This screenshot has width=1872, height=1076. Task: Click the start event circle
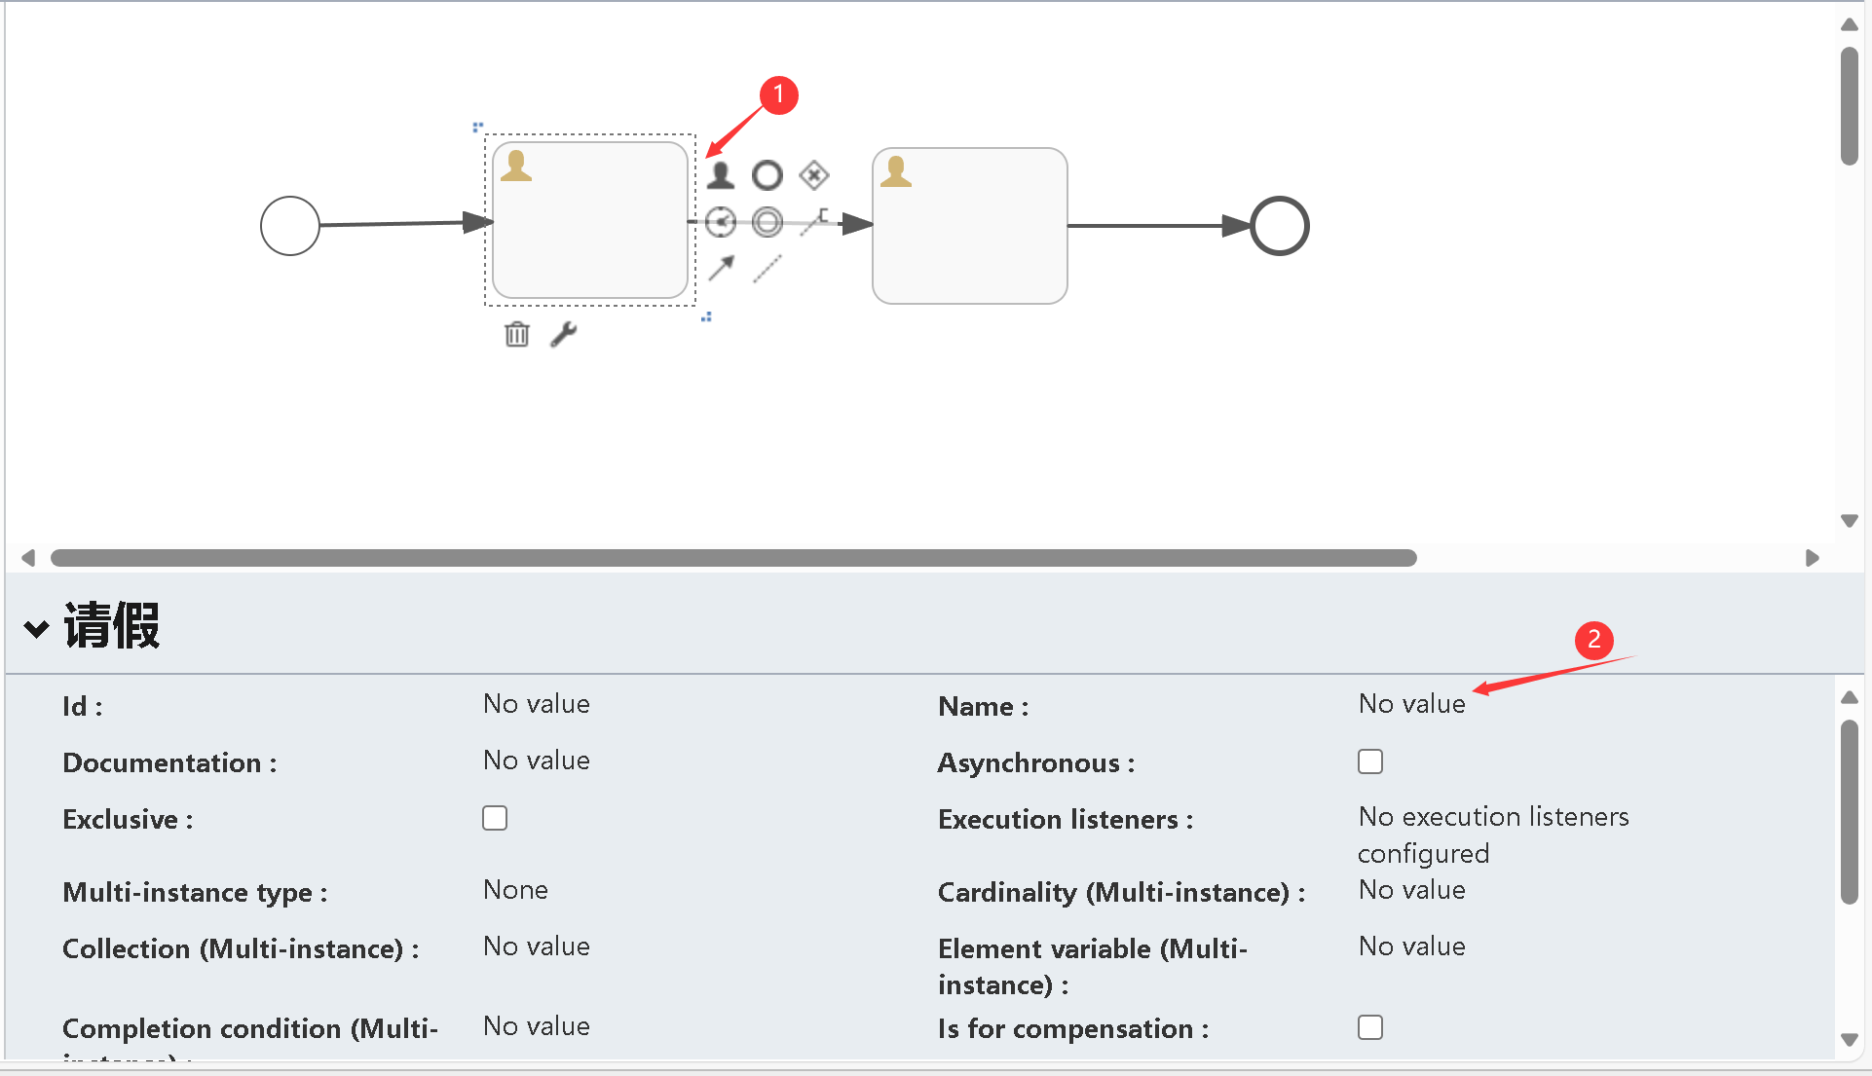tap(290, 226)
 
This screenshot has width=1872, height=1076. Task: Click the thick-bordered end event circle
tap(1279, 226)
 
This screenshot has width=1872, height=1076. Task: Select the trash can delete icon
tap(517, 335)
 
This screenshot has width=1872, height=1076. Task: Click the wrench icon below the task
tap(564, 335)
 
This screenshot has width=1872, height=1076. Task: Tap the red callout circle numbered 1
tap(778, 95)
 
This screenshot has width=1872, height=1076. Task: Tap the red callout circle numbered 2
tap(1593, 640)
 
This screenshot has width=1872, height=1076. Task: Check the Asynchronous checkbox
tap(1370, 761)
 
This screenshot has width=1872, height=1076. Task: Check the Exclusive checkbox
tap(495, 818)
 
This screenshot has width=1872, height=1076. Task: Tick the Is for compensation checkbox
tap(1370, 1027)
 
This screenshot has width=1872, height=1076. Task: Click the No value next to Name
tap(1411, 704)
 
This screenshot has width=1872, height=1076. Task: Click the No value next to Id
tap(537, 704)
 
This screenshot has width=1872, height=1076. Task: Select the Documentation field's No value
tap(537, 761)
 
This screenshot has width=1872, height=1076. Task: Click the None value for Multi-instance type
tap(515, 890)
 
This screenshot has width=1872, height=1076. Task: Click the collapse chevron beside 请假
tap(37, 629)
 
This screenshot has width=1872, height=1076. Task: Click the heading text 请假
tap(112, 625)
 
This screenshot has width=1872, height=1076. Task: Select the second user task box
tap(969, 226)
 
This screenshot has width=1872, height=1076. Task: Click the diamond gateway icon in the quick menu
tap(814, 175)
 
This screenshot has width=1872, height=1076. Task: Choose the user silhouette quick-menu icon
tap(721, 175)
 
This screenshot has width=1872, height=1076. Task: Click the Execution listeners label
tap(1065, 820)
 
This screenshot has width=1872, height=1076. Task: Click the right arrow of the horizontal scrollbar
tap(1812, 558)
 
